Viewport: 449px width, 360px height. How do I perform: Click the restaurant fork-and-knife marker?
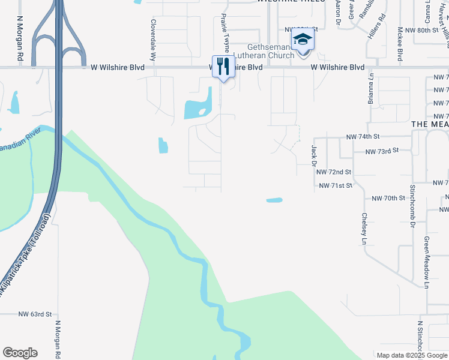coord(222,65)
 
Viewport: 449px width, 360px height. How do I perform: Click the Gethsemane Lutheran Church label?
coord(272,51)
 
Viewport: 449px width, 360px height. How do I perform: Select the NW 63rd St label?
coord(35,314)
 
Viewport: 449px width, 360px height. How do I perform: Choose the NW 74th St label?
coord(363,137)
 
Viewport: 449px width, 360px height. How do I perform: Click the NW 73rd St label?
coord(382,151)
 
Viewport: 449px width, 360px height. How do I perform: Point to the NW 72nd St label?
coord(333,172)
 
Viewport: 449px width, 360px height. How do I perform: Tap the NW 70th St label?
coord(388,198)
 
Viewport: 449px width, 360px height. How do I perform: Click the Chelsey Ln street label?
coord(364,229)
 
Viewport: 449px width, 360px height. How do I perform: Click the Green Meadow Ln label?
coord(426,262)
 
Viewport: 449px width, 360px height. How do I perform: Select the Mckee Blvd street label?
coord(399,43)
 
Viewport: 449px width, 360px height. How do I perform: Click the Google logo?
coord(20,353)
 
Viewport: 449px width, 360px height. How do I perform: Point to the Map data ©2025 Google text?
coord(411,355)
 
